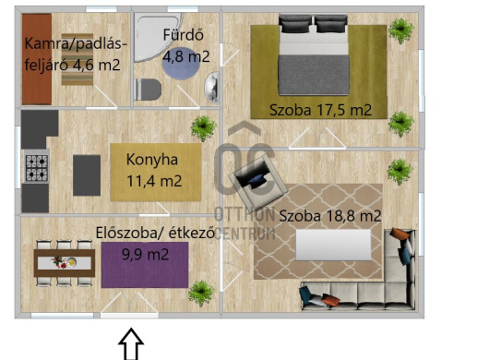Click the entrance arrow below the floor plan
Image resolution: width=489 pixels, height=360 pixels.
pos(131,343)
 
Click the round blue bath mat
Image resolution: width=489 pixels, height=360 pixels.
pos(181,64)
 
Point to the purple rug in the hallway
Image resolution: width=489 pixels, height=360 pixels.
pos(145,265)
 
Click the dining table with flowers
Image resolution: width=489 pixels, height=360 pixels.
pos(65,263)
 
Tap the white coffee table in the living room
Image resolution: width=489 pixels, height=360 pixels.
pos(333,245)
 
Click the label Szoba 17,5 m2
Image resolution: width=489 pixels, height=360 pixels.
pos(320,110)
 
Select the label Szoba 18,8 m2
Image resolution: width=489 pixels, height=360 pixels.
pos(330,216)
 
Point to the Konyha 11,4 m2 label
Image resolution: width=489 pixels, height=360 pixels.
pos(154,171)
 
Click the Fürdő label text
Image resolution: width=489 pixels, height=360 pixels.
pos(184,35)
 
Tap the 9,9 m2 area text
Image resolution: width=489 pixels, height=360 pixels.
pos(146,255)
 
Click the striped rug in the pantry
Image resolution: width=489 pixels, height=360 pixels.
pos(78,59)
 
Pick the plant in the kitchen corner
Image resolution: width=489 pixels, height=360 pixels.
pos(203,128)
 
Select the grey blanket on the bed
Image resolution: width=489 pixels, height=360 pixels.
pos(314,75)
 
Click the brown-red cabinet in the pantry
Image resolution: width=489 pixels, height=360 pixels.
pos(37,59)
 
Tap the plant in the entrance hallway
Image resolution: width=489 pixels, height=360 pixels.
pos(201,294)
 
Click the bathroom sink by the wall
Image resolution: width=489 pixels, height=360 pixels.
pos(212,88)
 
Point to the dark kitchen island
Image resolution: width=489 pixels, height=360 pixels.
pos(87,175)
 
